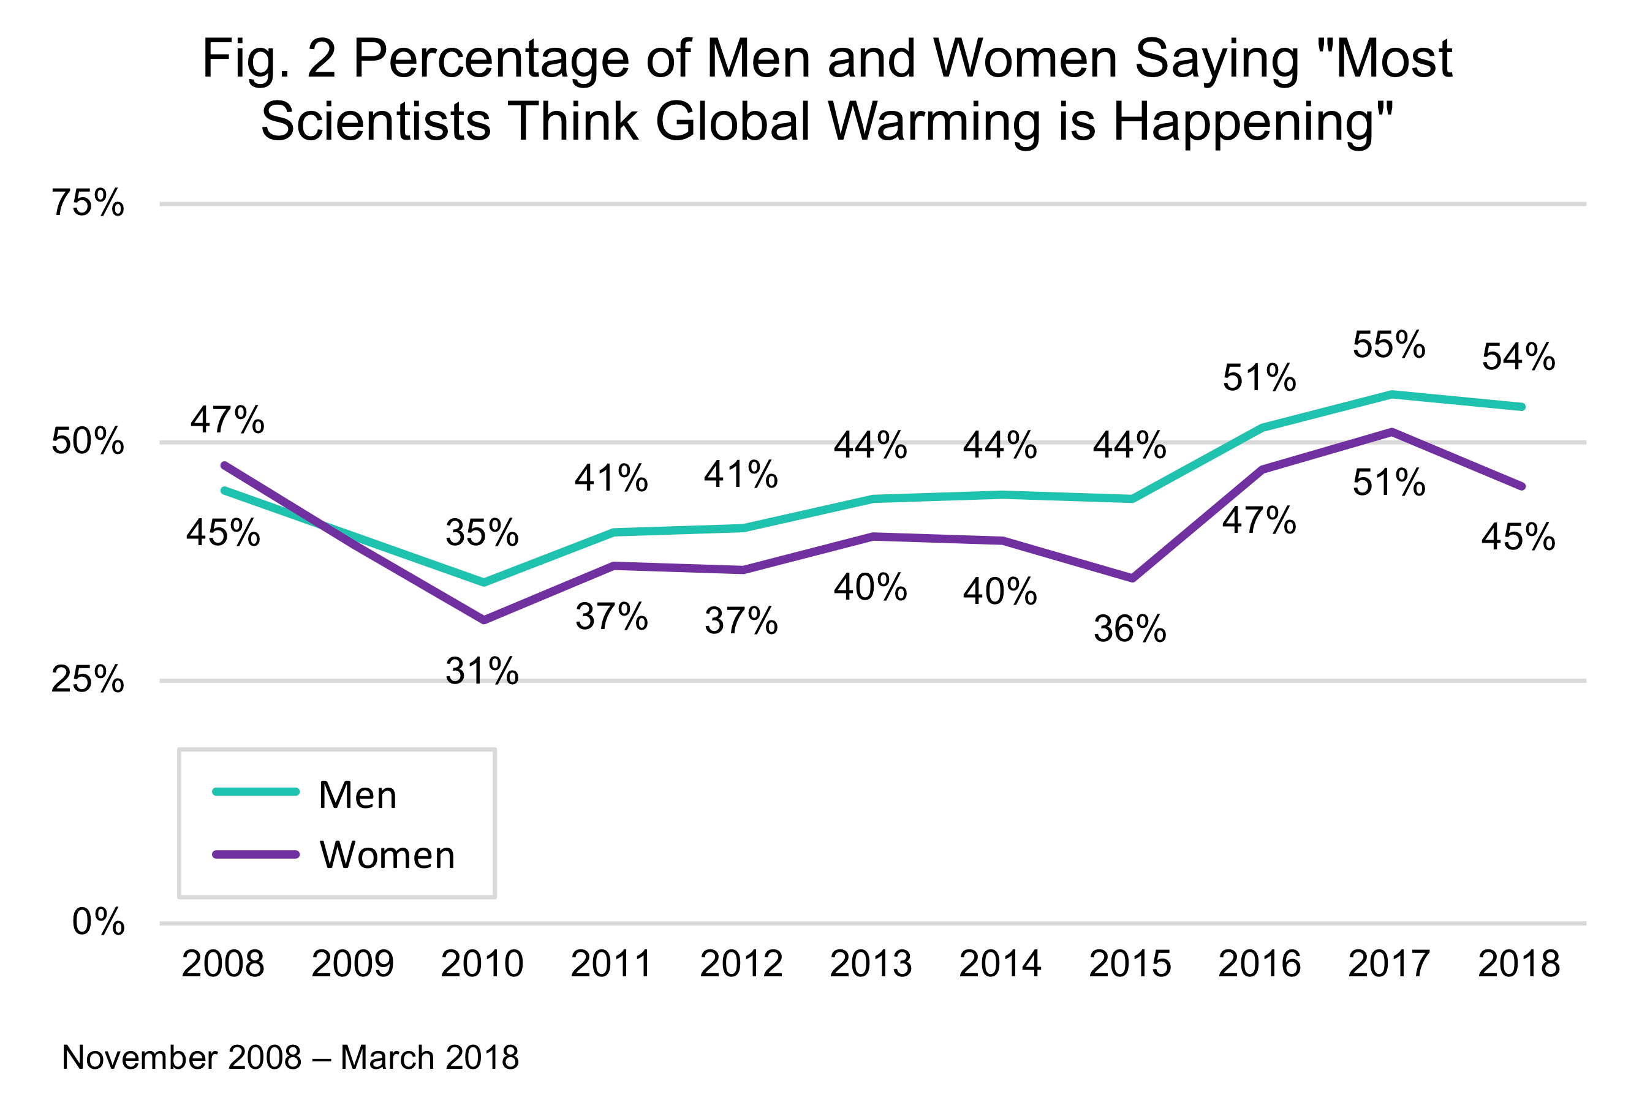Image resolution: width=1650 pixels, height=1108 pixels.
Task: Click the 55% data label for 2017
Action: pyautogui.click(x=1388, y=345)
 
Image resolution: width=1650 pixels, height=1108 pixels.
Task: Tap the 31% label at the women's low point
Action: pyautogui.click(x=482, y=671)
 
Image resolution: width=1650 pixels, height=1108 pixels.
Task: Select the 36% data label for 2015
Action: pyautogui.click(x=1130, y=629)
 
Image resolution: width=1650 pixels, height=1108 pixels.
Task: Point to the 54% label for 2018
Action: pyautogui.click(x=1518, y=357)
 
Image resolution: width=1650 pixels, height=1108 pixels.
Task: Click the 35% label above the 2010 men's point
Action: pyautogui.click(x=482, y=533)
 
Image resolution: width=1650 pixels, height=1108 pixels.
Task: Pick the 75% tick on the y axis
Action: pyautogui.click(x=88, y=203)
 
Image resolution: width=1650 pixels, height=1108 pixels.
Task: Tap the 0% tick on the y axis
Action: pyautogui.click(x=98, y=922)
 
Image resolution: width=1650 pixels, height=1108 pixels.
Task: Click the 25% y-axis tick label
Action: pyautogui.click(x=88, y=680)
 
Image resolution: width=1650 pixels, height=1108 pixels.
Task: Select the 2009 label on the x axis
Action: pyautogui.click(x=352, y=964)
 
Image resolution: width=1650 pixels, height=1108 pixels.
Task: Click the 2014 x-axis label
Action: pyautogui.click(x=999, y=964)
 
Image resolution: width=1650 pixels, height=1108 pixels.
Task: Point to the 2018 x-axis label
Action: pyautogui.click(x=1518, y=964)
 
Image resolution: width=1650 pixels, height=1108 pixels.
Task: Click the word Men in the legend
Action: pyautogui.click(x=358, y=795)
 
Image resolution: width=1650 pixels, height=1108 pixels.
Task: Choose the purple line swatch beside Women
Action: pyautogui.click(x=256, y=855)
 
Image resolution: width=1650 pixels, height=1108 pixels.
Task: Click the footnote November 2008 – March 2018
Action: pyautogui.click(x=290, y=1058)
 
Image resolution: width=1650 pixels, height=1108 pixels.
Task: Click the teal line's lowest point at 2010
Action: pyautogui.click(x=483, y=583)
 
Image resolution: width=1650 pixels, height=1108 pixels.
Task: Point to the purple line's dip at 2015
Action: pyautogui.click(x=1132, y=579)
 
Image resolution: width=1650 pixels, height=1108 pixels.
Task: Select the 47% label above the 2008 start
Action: pyautogui.click(x=227, y=420)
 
